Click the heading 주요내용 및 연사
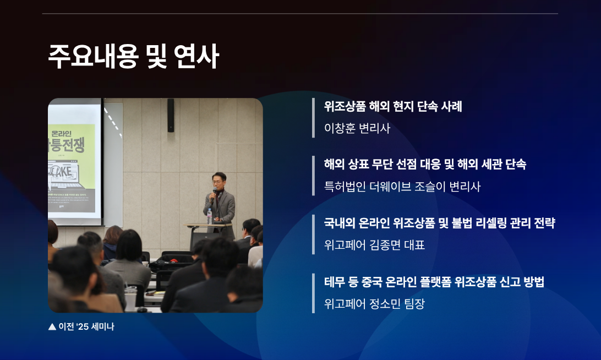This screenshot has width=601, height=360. (x=134, y=57)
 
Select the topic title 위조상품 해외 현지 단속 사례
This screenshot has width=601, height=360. (x=393, y=106)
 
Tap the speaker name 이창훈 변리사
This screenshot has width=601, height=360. (x=357, y=128)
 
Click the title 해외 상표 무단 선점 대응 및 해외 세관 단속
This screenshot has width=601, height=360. (x=425, y=164)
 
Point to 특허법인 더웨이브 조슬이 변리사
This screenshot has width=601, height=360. (x=402, y=187)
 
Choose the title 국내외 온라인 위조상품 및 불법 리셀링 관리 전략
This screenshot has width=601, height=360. (x=439, y=223)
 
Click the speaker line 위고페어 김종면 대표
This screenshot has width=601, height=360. (x=375, y=245)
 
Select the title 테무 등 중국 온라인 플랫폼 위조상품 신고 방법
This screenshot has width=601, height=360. (x=434, y=282)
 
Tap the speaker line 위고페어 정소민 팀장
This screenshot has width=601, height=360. (x=375, y=304)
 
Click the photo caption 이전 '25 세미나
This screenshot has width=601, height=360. (x=86, y=326)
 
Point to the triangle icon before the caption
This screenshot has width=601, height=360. (x=52, y=326)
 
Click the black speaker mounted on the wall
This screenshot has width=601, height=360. (x=171, y=115)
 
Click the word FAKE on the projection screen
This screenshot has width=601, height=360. (x=63, y=171)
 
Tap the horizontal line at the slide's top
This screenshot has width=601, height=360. (x=300, y=13)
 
